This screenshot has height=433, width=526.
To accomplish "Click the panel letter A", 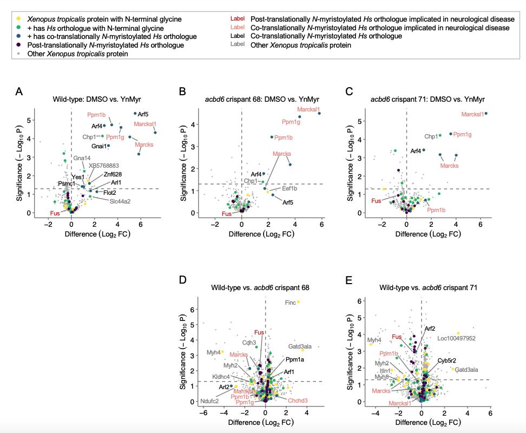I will coord(19,91).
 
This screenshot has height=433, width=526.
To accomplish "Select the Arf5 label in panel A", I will coord(143,114).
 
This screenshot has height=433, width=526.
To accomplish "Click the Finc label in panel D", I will coord(291,303).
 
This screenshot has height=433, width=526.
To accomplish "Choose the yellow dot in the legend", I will coord(18,19).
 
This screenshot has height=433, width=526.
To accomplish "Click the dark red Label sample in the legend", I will coord(238,19).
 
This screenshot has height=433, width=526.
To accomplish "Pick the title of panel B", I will coord(262,100).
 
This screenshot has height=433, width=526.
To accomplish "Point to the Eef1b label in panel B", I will coord(290,189).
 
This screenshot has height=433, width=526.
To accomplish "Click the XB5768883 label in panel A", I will coord(104,166).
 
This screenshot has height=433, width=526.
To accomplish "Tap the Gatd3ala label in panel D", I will coord(300,346).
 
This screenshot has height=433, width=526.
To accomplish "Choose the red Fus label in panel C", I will coord(377,201).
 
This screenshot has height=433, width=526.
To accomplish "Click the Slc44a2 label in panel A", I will coord(120,201).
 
